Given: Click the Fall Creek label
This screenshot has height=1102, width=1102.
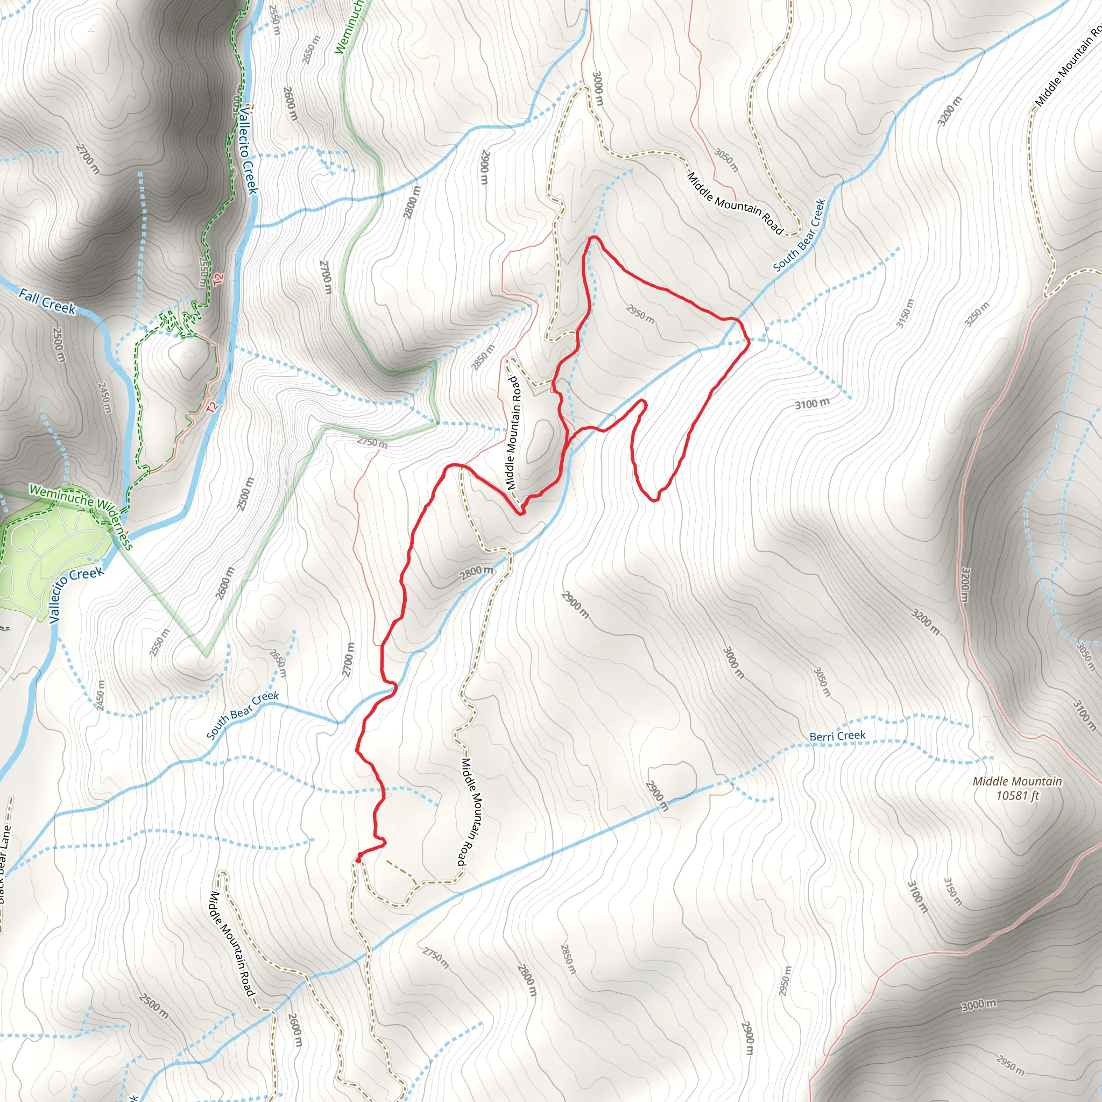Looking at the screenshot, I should click(x=47, y=300).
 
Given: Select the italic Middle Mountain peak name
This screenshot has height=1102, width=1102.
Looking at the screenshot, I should click(x=1017, y=781).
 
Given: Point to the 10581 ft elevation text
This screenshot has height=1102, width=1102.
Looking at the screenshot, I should click(x=1018, y=796).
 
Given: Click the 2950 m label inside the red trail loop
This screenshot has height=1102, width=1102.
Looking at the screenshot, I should click(x=640, y=314).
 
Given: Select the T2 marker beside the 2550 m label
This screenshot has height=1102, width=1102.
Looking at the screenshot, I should click(x=218, y=279).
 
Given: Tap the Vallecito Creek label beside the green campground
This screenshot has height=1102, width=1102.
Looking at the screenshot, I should click(x=75, y=593).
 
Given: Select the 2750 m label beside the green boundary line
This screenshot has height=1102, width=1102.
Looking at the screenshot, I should click(x=372, y=442).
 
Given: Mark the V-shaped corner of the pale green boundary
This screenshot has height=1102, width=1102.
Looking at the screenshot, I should click(x=206, y=655).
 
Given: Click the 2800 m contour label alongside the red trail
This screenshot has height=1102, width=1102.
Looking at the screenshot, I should click(x=477, y=572).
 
